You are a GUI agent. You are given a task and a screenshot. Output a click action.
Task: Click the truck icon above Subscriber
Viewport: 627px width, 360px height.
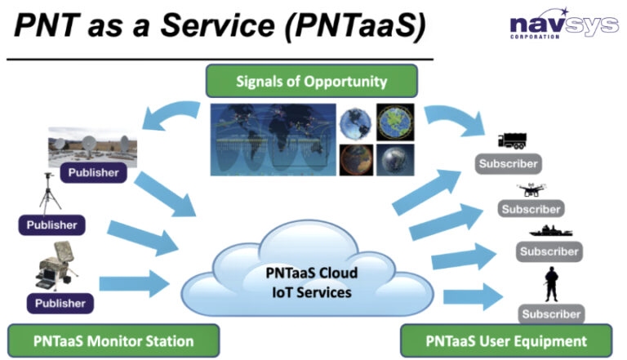tap(516, 142)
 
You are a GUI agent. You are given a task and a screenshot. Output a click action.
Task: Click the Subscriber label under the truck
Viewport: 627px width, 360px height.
tap(507, 164)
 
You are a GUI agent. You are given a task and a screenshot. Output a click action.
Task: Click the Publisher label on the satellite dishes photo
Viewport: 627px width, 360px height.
tap(93, 173)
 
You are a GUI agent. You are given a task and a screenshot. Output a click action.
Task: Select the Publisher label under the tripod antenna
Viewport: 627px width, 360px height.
tap(51, 224)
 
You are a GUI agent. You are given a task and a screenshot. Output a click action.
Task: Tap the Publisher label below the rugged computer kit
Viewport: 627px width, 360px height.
tap(60, 302)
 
